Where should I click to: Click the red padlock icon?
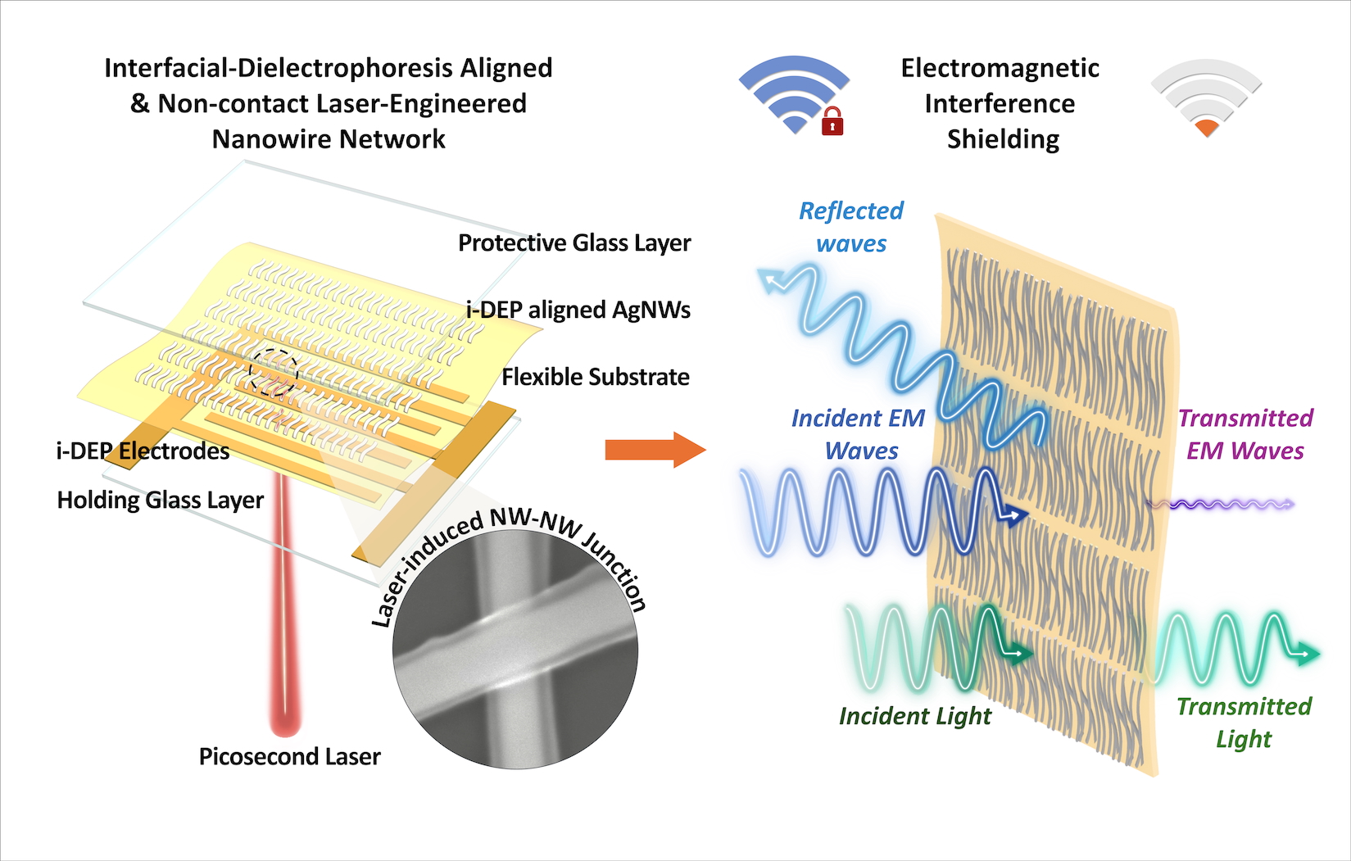[832, 122]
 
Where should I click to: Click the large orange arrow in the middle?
[655, 450]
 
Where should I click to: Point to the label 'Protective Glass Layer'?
[573, 243]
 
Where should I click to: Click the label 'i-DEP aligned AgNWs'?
[578, 310]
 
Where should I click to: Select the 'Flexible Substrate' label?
[595, 378]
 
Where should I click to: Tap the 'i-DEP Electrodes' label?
[143, 451]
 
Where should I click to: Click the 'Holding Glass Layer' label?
[160, 501]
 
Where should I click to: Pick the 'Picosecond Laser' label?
[289, 757]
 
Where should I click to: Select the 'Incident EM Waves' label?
[859, 435]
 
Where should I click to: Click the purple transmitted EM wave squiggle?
[1221, 505]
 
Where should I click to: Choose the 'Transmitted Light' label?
[1244, 723]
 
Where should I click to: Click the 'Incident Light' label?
[914, 717]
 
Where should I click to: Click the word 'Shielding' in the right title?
[1003, 140]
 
